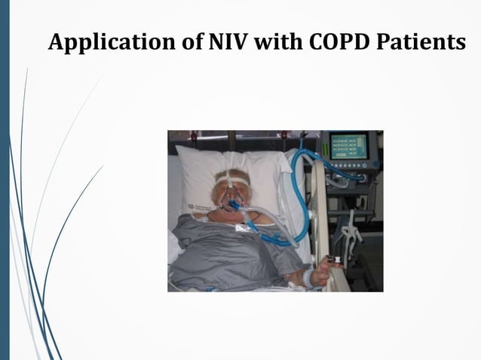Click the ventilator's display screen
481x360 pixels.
348,146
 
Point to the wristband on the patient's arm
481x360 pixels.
308,277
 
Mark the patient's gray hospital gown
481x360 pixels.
234,256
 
